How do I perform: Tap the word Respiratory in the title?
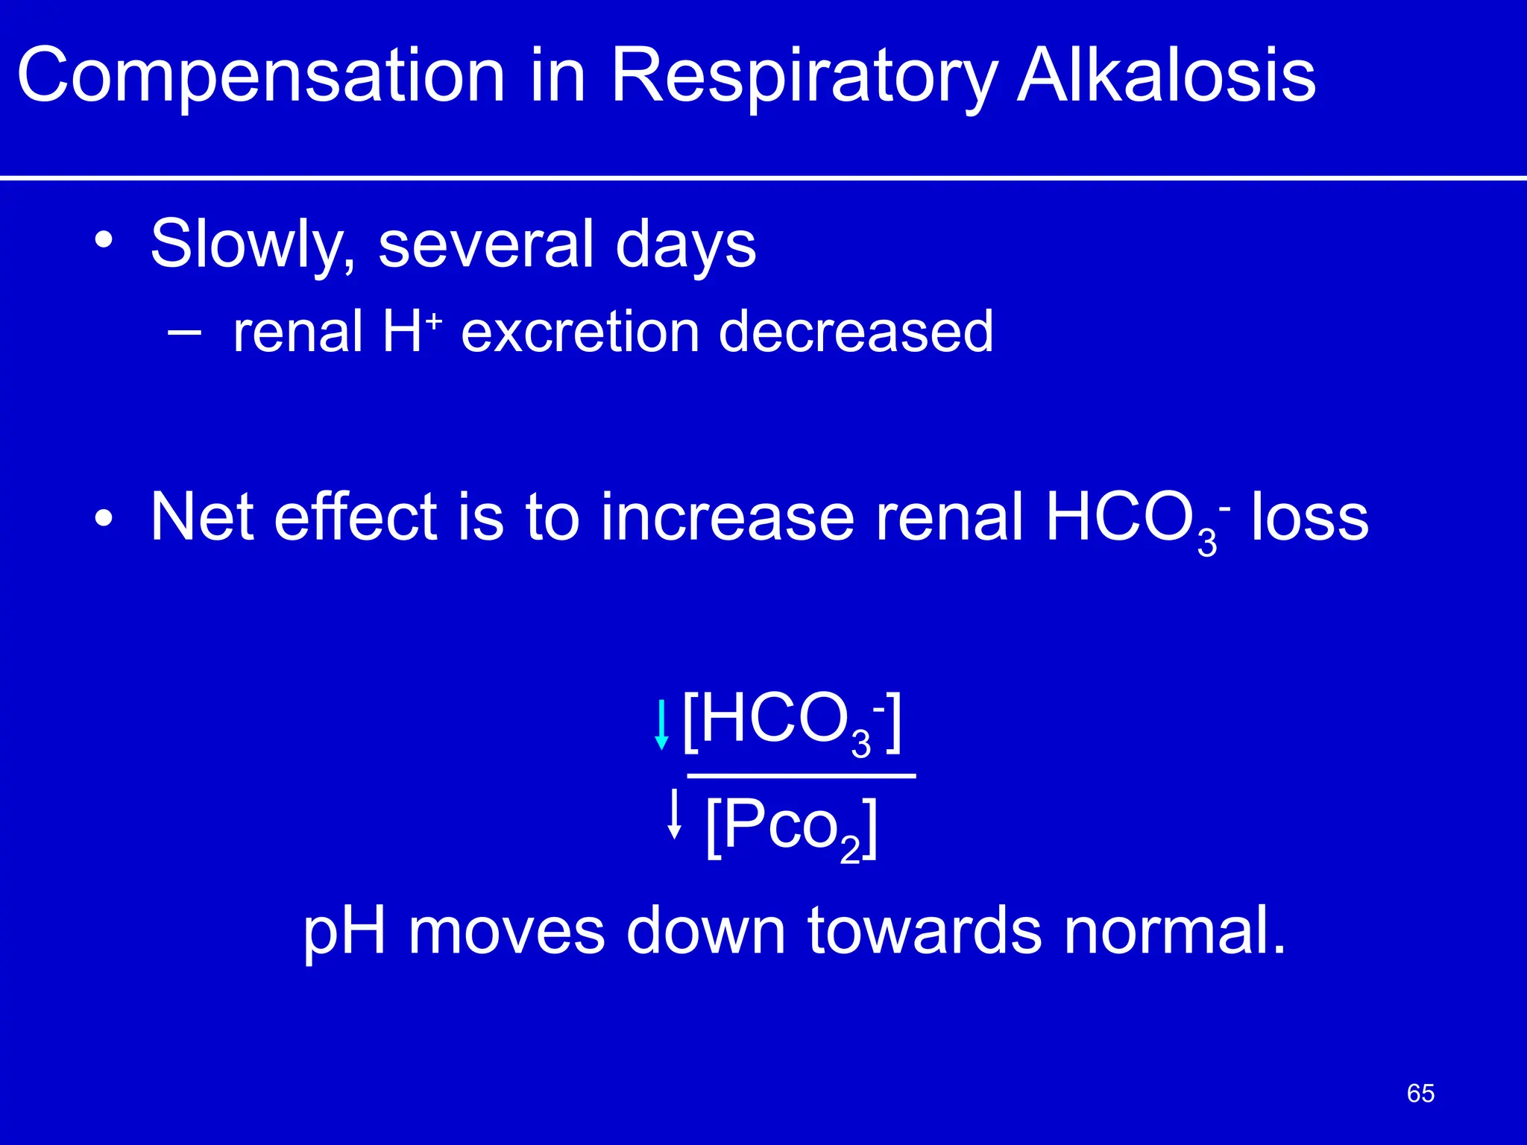click(804, 76)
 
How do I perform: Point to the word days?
click(685, 245)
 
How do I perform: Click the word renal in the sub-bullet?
click(297, 331)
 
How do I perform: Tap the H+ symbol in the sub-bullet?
click(412, 331)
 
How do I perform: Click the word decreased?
click(855, 331)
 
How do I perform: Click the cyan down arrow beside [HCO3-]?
click(661, 724)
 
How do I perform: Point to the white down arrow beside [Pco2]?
click(675, 814)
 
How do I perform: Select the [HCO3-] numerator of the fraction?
click(793, 722)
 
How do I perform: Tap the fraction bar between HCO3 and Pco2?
click(801, 776)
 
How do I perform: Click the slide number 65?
click(1420, 1094)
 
